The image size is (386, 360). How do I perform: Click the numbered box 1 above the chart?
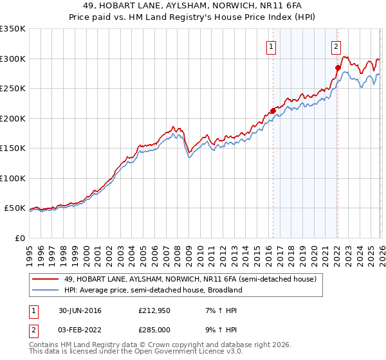point(271,46)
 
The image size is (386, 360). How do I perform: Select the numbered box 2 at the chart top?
point(336,46)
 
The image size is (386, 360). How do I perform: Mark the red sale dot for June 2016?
point(273,111)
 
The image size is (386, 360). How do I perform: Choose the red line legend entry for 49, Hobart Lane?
point(190,280)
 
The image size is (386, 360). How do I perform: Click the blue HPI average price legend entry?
point(152,290)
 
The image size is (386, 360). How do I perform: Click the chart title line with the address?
point(192,6)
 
